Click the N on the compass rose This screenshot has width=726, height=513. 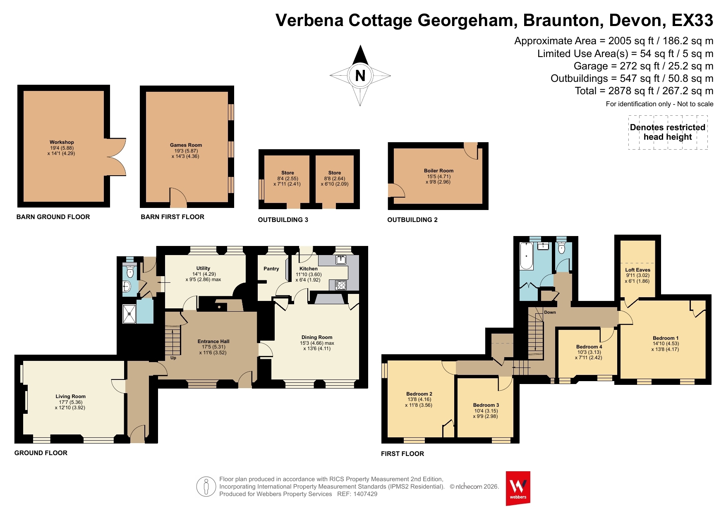[x=360, y=76]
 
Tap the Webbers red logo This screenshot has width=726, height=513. [x=518, y=488]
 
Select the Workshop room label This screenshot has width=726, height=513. [x=62, y=142]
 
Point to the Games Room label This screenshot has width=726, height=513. [x=186, y=145]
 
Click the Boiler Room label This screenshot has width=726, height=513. [x=438, y=171]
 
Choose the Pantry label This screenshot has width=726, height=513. [x=271, y=269]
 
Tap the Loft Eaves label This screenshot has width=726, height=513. [x=637, y=270]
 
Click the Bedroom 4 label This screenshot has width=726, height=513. [x=589, y=347]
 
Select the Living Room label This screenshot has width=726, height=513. [x=70, y=396]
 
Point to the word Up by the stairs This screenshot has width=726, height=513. [x=173, y=358]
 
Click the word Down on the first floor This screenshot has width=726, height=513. [x=550, y=313]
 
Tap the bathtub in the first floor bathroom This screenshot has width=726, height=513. [x=527, y=256]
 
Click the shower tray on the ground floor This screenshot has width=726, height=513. [x=129, y=314]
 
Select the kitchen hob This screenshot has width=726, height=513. [x=341, y=285]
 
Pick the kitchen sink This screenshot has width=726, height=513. [x=340, y=260]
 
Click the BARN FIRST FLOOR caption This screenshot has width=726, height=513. [x=173, y=217]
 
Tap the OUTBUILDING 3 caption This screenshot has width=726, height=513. [x=283, y=220]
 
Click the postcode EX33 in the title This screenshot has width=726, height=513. [x=692, y=20]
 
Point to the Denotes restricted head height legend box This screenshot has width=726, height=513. [x=668, y=132]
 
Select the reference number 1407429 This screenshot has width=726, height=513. [x=365, y=494]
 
